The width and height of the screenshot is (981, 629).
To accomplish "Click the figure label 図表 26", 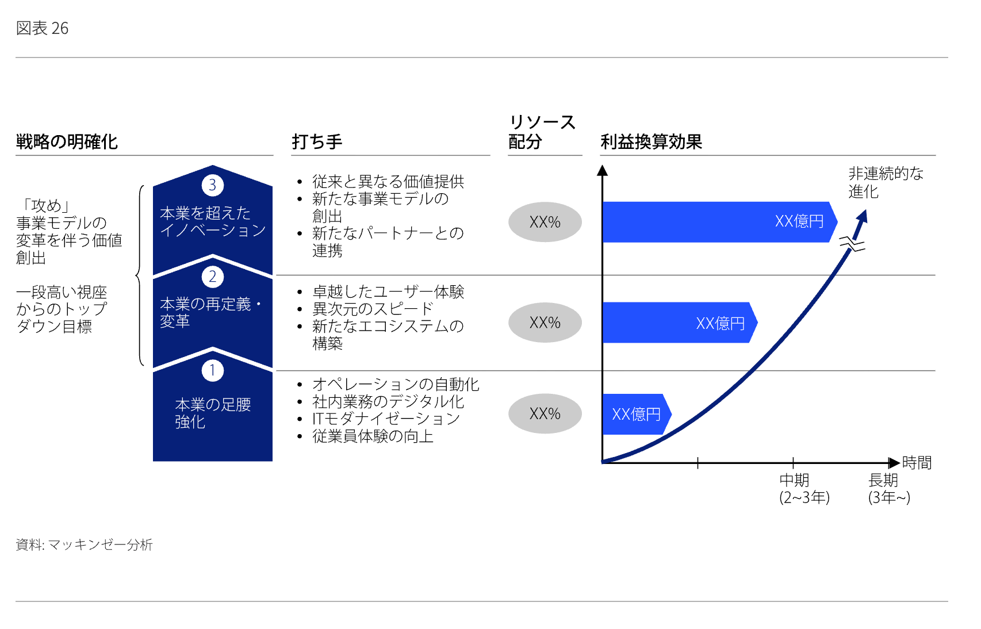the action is point(42,29).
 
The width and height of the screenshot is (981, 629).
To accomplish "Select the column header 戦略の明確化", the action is point(67,142).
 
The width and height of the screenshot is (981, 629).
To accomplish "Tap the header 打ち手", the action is point(317,142).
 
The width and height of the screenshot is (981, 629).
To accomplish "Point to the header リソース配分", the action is point(542,132).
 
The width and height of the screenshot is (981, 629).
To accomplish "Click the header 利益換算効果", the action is point(652,142).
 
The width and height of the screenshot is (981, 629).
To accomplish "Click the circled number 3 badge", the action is point(212,185).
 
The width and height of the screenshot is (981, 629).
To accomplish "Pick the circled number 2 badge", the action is point(212,277).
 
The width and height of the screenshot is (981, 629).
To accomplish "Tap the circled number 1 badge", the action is point(212,371).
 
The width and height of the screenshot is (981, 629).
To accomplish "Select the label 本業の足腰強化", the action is point(213,413).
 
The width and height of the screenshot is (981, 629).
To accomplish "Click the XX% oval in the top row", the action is point(545,222).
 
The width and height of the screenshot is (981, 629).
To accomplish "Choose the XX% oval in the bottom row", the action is point(545,413).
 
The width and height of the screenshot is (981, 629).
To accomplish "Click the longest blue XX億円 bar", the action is point(719,222).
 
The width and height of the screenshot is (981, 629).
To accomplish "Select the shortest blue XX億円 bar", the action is point(637,414).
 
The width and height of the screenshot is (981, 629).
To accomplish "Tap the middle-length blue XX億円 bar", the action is point(680,323).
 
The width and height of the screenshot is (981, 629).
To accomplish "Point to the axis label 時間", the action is point(917,463).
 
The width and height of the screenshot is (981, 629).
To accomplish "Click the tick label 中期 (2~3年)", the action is point(804,489).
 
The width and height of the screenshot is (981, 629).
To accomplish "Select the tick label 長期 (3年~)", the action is point(889,489).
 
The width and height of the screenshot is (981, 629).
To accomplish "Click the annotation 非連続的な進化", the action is point(886,183).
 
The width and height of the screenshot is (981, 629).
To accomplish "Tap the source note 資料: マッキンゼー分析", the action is point(84,544).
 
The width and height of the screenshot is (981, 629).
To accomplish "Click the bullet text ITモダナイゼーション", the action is point(386,419).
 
